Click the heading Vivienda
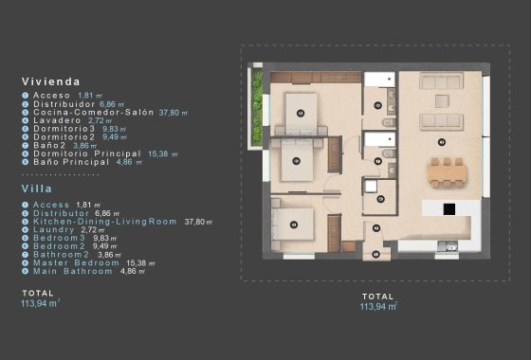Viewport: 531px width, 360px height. [x=50, y=82]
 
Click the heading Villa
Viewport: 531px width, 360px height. [x=36, y=189]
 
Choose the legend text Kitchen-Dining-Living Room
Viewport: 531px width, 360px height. [x=104, y=221]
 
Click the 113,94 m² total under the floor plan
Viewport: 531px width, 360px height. [x=378, y=307]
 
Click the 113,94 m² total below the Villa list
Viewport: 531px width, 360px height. [x=40, y=304]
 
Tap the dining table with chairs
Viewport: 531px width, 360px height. [x=448, y=171]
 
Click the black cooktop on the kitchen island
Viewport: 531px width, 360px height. [x=449, y=208]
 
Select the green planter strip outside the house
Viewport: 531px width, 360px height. [x=256, y=105]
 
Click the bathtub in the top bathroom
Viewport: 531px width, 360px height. [x=384, y=79]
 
